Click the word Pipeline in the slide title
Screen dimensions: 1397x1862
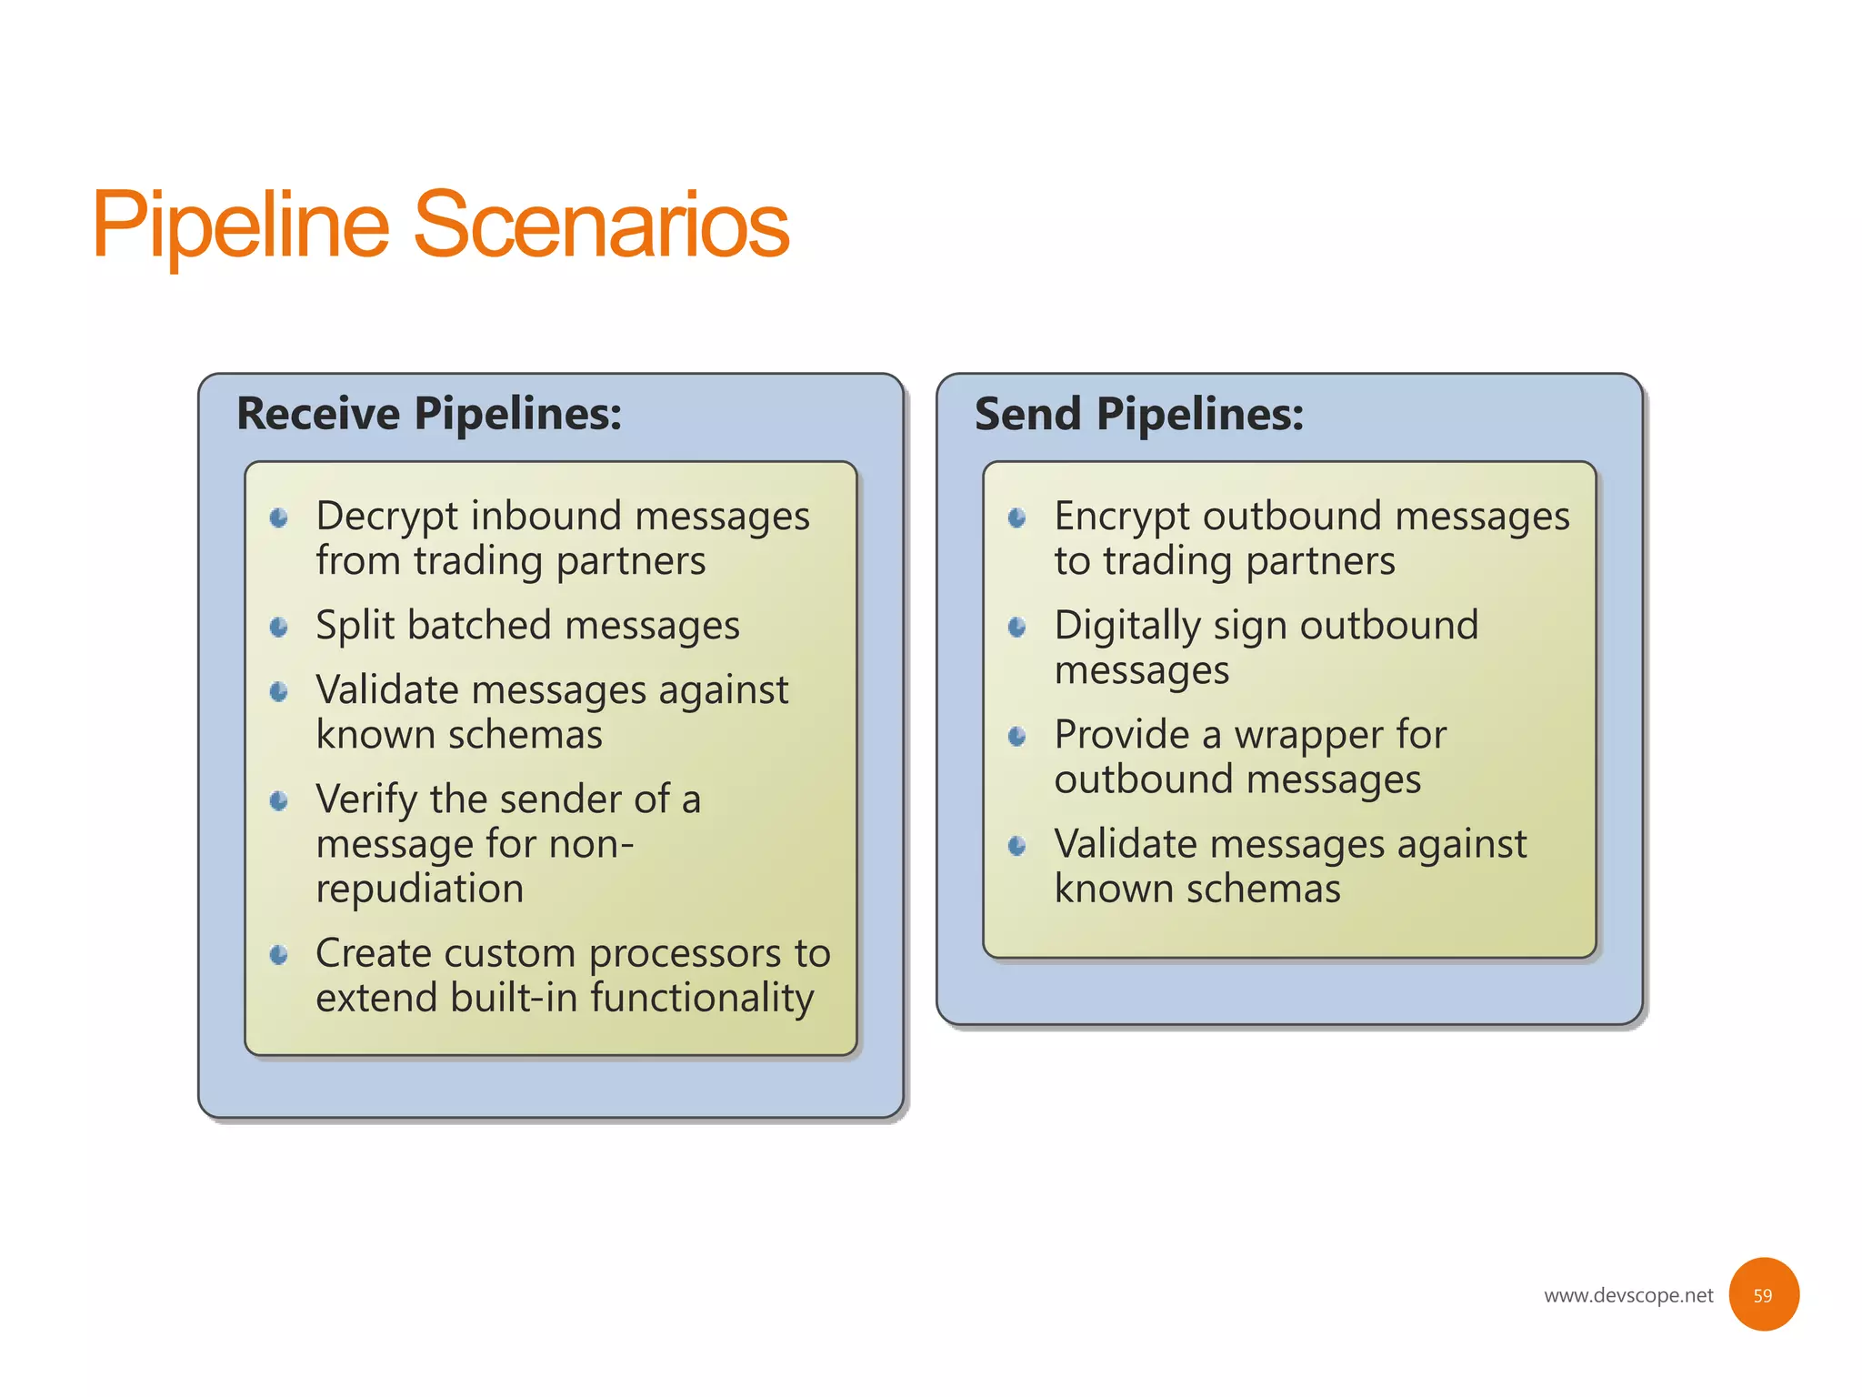(x=241, y=225)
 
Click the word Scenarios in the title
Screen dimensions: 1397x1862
(x=601, y=225)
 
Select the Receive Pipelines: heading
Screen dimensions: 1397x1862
(x=429, y=414)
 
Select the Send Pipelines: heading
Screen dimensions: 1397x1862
(x=1138, y=414)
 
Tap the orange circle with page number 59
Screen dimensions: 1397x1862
(x=1763, y=1294)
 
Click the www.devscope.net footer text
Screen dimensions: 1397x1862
(x=1627, y=1295)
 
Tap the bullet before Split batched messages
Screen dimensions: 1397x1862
(x=279, y=627)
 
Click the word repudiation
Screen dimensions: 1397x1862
(x=419, y=889)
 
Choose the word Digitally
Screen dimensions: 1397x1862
(x=1126, y=627)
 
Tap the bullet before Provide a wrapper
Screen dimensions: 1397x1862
(x=1017, y=736)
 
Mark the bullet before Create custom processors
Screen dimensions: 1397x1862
(x=279, y=955)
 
